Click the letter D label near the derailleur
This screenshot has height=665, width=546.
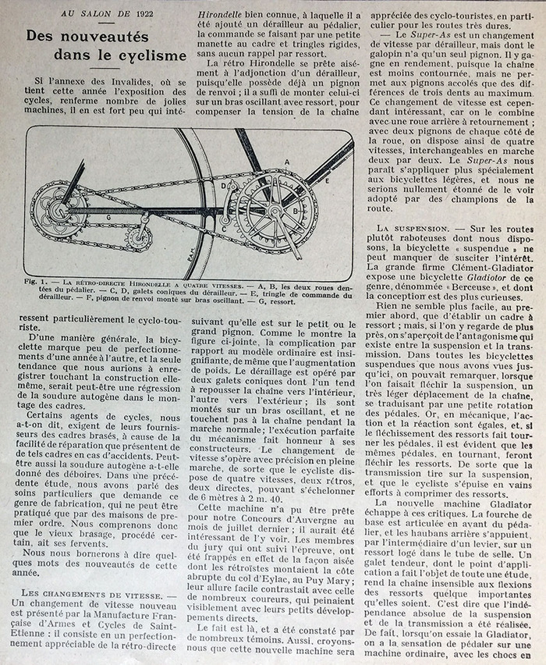coord(224,188)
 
